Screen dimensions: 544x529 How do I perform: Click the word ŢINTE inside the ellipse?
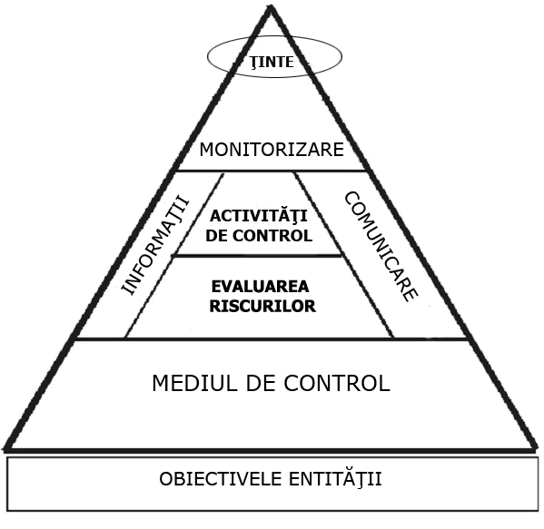point(272,62)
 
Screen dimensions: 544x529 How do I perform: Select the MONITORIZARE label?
point(272,150)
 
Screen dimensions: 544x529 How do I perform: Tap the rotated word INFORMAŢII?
point(155,246)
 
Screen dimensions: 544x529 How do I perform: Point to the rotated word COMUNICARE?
point(381,247)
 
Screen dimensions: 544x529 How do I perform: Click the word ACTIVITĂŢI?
point(259,216)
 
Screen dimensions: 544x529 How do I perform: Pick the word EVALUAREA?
point(261,287)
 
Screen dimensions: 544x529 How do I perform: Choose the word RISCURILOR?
point(262,306)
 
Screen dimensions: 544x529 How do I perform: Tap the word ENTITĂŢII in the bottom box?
point(335,479)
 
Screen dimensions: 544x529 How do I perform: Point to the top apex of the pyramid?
point(271,6)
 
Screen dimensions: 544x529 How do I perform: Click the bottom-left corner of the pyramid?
point(5,450)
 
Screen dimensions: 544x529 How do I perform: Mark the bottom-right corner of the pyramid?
point(537,450)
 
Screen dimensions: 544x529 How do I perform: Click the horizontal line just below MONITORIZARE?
point(272,171)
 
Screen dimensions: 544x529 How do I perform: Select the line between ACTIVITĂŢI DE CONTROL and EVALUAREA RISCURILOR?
point(257,256)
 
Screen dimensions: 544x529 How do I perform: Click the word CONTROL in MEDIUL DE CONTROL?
point(337,383)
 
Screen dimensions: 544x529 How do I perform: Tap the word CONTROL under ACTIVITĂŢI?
point(272,236)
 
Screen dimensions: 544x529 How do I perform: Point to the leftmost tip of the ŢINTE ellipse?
point(207,57)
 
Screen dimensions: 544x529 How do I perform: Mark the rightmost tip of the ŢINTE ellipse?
point(342,56)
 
